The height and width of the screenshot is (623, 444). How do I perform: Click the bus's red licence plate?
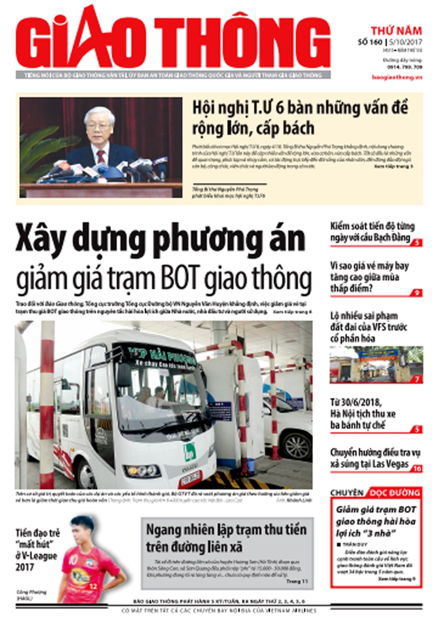pyautogui.click(x=190, y=477)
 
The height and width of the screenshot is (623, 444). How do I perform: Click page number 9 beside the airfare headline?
pyautogui.click(x=417, y=293)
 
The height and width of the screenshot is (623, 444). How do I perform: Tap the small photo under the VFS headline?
pyautogui.click(x=376, y=364)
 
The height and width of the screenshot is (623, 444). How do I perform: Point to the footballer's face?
pyautogui.click(x=84, y=531)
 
